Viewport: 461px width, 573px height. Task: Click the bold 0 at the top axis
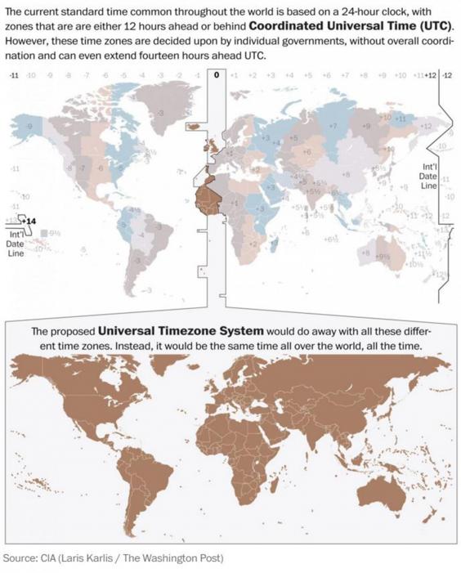pos(216,74)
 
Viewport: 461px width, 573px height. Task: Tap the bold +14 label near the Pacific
pos(29,221)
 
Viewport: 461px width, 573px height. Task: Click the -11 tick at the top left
pos(14,75)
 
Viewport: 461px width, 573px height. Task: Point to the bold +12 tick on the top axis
pos(431,75)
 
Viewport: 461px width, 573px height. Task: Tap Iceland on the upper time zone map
pos(195,125)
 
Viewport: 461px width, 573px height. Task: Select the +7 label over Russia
pos(333,127)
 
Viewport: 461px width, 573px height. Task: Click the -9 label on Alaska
pos(30,128)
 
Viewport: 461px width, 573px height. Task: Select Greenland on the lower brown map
pos(175,376)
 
